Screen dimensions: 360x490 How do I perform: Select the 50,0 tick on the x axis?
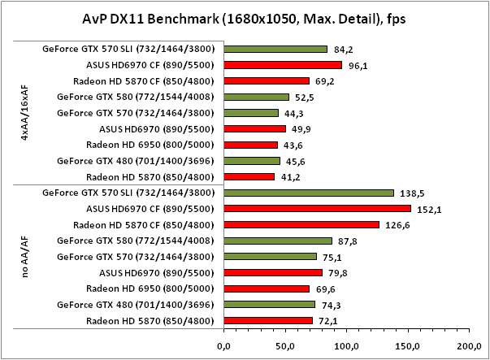[x=284, y=347]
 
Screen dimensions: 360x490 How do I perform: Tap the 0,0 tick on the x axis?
[x=224, y=347]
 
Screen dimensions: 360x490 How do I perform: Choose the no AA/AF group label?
[x=24, y=257]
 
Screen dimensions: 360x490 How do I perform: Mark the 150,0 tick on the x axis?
[x=406, y=347]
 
